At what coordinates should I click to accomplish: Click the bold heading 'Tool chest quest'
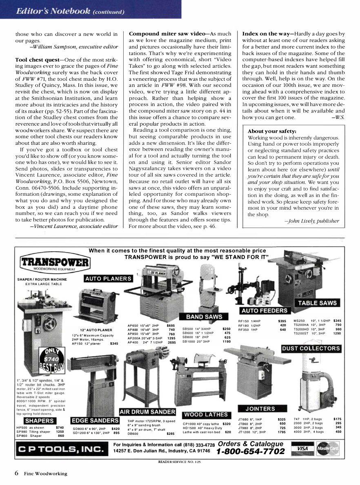coord(37,60)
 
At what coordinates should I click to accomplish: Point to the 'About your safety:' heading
coord(272,131)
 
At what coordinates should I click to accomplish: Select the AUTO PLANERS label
coord(109,279)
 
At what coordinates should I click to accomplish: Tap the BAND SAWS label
coord(204,317)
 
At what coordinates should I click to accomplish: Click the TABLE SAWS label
coord(317,303)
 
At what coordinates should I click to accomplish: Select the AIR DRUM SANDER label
coord(147,411)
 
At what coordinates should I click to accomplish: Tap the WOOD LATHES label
coord(206,414)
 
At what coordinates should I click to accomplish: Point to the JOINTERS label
coord(260,408)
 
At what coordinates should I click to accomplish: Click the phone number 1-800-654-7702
coord(250,452)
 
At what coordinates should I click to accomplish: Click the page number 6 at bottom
coord(17,473)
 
